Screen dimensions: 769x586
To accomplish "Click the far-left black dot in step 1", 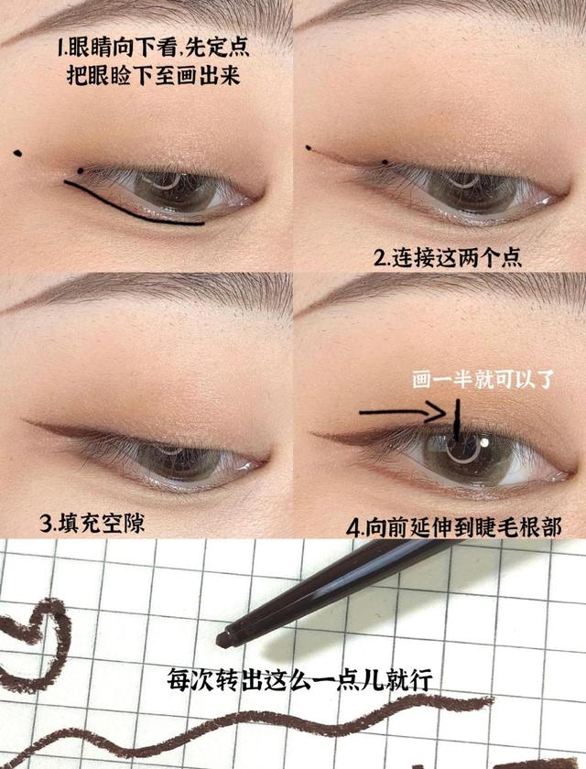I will point(17,152).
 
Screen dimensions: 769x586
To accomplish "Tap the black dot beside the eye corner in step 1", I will point(81,170).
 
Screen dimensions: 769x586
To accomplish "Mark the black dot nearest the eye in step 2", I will point(385,163).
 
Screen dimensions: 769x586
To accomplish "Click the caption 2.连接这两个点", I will point(448,257).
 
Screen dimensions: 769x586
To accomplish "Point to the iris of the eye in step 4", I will point(467,455).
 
